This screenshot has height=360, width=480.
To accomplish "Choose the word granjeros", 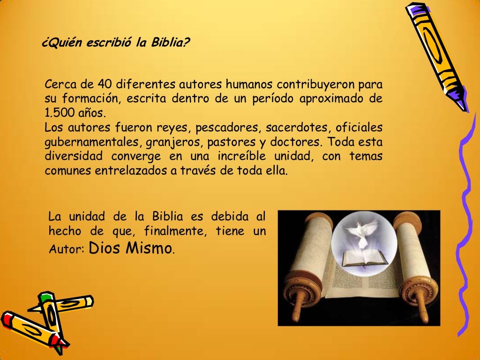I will pyautogui.click(x=169, y=142).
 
